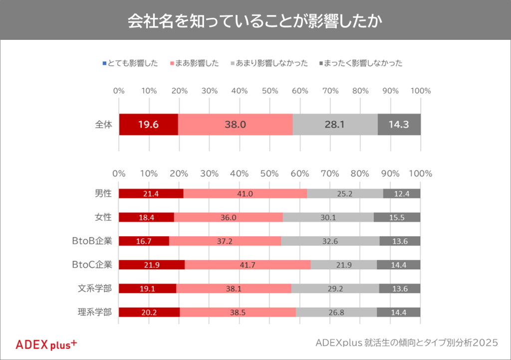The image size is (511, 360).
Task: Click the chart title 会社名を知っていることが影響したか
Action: [255, 20]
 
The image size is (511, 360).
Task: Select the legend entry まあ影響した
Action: [196, 63]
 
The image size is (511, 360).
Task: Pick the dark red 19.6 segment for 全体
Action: [148, 125]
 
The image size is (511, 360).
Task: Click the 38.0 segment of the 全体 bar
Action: [235, 125]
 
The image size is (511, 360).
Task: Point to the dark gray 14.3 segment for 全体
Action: [399, 125]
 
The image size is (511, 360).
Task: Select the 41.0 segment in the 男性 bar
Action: [245, 194]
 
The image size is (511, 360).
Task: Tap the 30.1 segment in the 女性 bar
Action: [328, 217]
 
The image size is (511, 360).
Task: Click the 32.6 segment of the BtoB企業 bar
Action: [330, 241]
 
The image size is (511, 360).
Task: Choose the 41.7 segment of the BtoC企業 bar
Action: [248, 265]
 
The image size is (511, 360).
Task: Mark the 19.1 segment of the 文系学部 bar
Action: [148, 288]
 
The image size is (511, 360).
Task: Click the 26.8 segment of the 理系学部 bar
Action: [336, 312]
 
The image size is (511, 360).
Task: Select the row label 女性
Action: [103, 217]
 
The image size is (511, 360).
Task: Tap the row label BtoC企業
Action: [91, 265]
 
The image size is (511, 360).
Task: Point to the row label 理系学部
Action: [95, 312]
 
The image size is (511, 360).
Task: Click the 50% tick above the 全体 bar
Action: [270, 91]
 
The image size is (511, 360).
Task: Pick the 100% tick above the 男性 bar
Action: [420, 174]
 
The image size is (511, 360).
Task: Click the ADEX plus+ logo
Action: [46, 344]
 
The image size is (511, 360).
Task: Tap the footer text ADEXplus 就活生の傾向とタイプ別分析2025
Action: [407, 343]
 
